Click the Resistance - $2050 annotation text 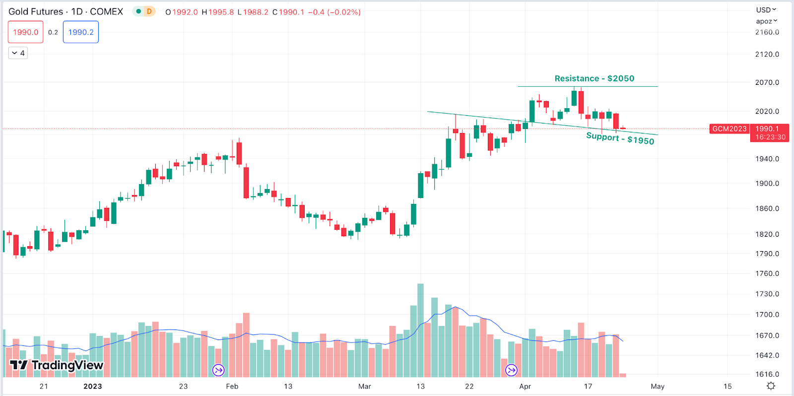594,78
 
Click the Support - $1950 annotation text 620,138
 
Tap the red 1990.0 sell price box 26,32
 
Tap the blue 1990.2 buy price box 81,32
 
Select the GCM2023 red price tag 729,129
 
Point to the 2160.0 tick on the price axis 767,32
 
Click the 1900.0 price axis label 767,184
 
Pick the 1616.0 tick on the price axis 767,374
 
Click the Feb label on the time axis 232,386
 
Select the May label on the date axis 658,386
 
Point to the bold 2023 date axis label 92,386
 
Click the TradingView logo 57,366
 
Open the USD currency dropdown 766,10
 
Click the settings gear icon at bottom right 771,386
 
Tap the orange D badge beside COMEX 149,11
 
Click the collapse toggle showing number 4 18,53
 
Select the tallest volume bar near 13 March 420,330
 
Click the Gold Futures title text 36,11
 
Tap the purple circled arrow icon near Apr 511,370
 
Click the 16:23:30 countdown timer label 770,137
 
